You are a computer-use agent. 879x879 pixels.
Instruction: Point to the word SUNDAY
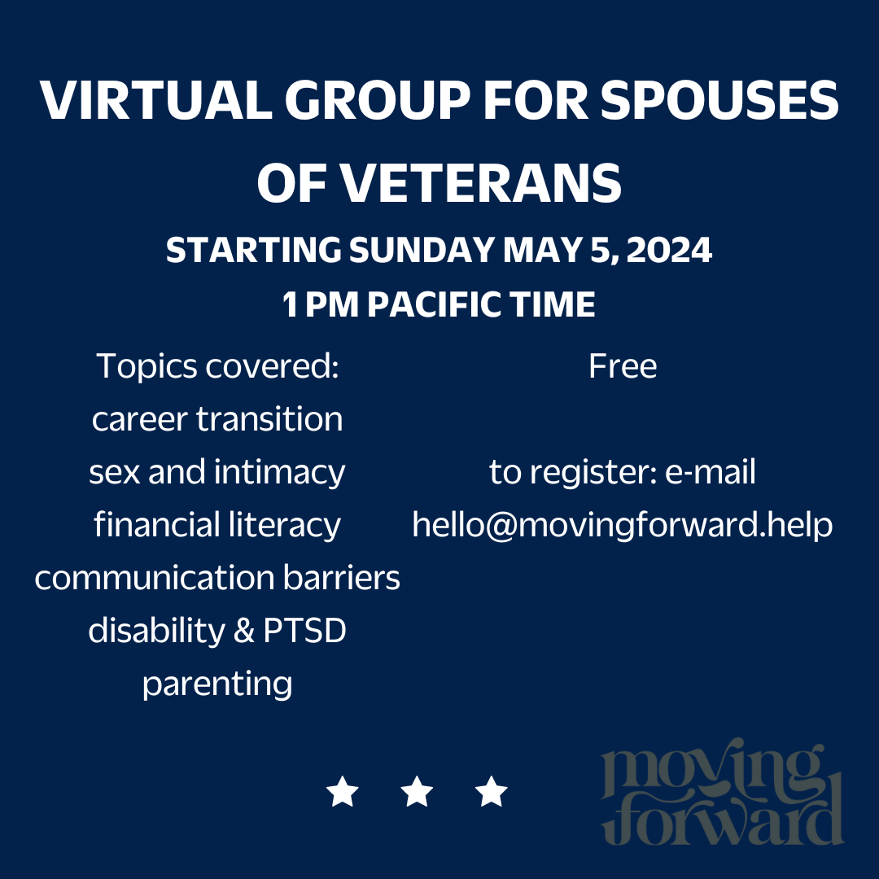click(x=422, y=251)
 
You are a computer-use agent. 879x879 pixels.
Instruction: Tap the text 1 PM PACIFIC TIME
click(x=439, y=305)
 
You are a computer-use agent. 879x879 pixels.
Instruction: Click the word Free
click(x=623, y=366)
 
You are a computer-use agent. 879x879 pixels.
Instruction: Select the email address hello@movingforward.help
click(x=623, y=525)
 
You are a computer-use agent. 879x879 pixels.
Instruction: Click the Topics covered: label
click(x=217, y=366)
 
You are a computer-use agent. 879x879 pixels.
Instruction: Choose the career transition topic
click(x=217, y=419)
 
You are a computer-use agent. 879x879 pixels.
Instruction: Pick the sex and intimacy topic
click(x=217, y=472)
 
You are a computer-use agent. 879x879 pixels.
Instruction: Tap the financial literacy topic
click(x=217, y=525)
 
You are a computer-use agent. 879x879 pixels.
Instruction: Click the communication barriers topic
click(x=217, y=578)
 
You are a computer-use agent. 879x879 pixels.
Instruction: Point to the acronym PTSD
click(x=305, y=631)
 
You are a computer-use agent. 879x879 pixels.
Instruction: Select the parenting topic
click(x=217, y=684)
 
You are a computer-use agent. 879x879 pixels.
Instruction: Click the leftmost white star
click(x=343, y=791)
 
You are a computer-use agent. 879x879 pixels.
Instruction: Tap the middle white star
click(x=418, y=791)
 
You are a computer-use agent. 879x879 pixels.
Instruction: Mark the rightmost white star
click(x=492, y=791)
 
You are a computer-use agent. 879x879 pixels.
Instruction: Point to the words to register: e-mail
click(x=623, y=472)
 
